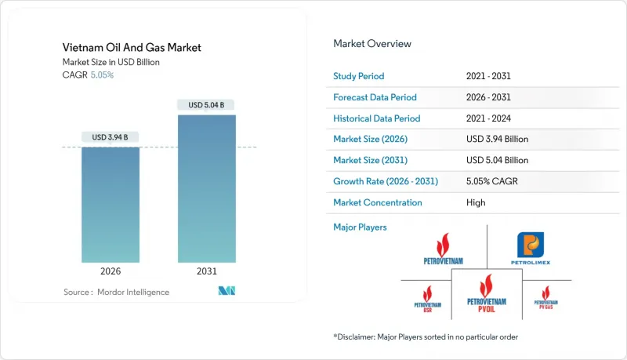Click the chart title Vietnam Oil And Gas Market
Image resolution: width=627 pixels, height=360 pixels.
coord(132,48)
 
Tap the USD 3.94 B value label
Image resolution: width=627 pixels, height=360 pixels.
coord(111,137)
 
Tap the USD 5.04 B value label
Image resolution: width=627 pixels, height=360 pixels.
coord(207,105)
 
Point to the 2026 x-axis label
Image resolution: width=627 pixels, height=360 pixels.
coord(111,272)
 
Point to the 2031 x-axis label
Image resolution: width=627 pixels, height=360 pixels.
coord(207,272)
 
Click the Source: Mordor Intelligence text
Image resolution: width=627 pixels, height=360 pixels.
coord(116,293)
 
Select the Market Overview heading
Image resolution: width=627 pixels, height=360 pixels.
coord(371,44)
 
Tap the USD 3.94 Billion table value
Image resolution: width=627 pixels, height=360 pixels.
coord(497,140)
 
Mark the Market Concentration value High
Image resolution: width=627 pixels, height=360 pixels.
coord(475,202)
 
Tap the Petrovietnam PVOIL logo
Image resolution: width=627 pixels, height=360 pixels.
coord(486,297)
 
